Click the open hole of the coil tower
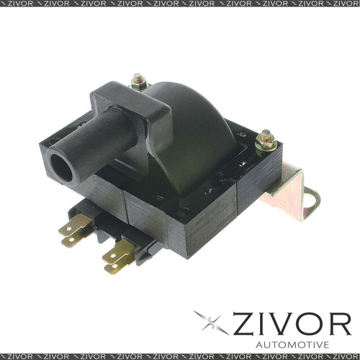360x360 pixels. point(61,168)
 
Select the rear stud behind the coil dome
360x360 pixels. point(138,81)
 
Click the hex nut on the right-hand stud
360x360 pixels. point(266,145)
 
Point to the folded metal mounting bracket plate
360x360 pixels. point(289,189)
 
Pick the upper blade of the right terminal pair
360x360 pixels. point(118,252)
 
